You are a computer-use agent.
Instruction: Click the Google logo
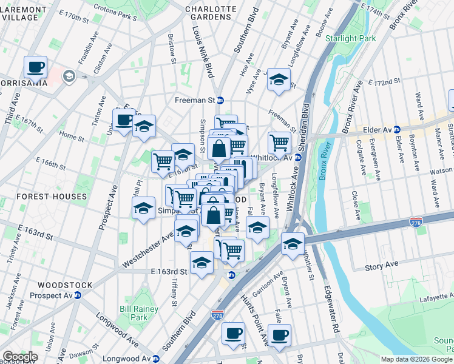point(20,356)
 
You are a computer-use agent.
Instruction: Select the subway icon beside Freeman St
point(221,100)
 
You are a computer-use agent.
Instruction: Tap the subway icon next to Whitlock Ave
point(297,158)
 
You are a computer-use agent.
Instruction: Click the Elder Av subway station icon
point(396,129)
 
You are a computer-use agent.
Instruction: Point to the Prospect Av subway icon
point(78,295)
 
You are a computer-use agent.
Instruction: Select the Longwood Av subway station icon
point(156,359)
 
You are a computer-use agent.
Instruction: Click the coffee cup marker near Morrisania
point(36,67)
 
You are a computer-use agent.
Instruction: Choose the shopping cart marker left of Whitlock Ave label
point(279,143)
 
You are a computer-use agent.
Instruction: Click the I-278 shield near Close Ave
point(416,223)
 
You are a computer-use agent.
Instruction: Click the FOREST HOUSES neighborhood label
point(52,197)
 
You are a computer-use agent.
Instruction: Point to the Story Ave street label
point(381,265)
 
